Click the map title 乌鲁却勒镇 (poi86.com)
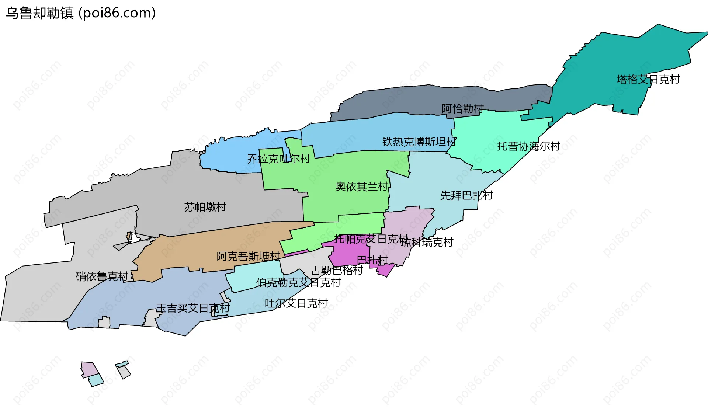coord(80,13)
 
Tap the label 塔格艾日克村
coord(648,79)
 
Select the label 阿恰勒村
coord(462,108)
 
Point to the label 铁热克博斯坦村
coord(419,142)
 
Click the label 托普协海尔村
coord(528,146)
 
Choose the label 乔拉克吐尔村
coord(278,159)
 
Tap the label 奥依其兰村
coord(362,187)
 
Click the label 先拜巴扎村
coord(466,195)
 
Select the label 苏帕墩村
coord(205,207)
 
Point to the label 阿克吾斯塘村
coord(248,256)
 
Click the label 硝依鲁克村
coord(102,276)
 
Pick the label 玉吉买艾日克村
coord(193,308)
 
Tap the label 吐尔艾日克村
coord(296,303)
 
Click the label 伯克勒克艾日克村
coord(298,283)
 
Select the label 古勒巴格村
coord(337,271)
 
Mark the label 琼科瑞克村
coord(427,243)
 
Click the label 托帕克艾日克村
coord(371,239)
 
